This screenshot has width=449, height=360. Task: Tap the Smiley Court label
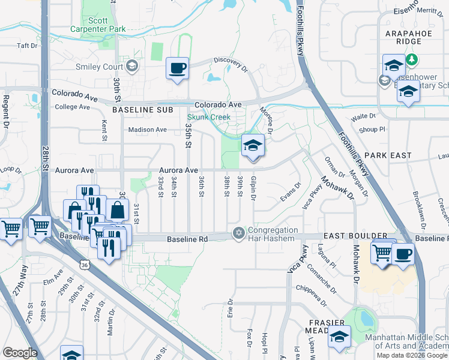point(99,66)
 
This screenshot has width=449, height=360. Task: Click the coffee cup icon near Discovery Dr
point(177,68)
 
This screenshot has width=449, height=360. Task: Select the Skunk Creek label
point(208,118)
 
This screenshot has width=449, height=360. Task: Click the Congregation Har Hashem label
point(273,235)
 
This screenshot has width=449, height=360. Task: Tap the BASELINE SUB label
point(142,110)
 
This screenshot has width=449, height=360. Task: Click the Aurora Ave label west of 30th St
point(74,171)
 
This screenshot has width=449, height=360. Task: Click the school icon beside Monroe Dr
point(253,145)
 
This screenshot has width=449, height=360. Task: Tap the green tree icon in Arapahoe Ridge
point(412,60)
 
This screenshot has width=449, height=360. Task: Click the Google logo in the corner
point(20,353)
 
